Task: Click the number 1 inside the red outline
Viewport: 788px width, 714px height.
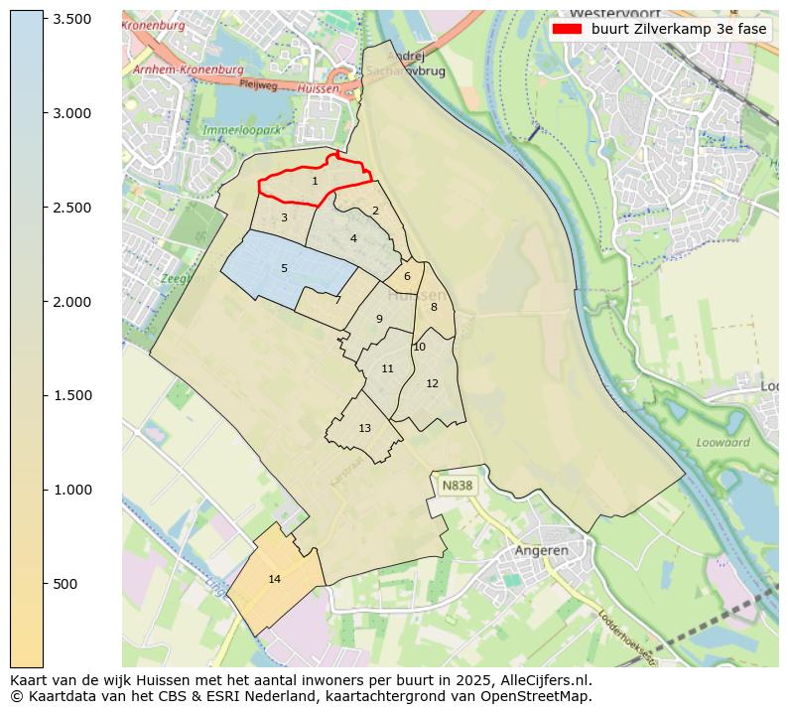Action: tap(315, 182)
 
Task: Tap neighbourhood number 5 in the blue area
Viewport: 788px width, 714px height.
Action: tap(284, 268)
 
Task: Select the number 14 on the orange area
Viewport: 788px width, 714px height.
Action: tap(275, 579)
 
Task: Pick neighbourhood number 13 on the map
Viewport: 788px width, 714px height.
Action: tap(364, 428)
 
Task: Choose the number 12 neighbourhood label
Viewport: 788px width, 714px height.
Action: tap(432, 383)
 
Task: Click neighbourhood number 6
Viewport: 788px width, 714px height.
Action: tap(407, 276)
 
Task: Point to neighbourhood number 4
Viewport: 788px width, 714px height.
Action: tap(353, 238)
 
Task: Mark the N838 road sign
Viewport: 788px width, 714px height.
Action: tap(458, 486)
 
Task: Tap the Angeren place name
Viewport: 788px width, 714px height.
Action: tap(542, 550)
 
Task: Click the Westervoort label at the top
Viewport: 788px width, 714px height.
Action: tap(609, 13)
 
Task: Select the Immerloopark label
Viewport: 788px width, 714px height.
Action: tap(243, 130)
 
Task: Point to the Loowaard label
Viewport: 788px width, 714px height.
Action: tap(722, 443)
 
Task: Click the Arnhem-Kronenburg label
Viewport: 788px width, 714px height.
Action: tap(188, 71)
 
